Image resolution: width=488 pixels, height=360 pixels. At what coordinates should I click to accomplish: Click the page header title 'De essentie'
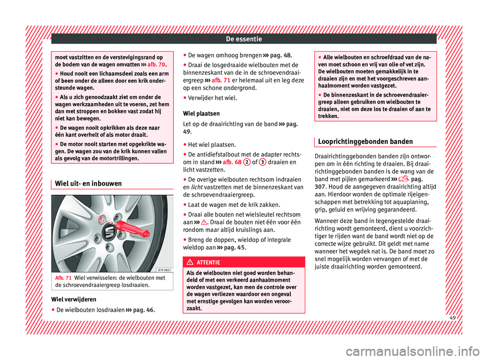coord(243,38)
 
